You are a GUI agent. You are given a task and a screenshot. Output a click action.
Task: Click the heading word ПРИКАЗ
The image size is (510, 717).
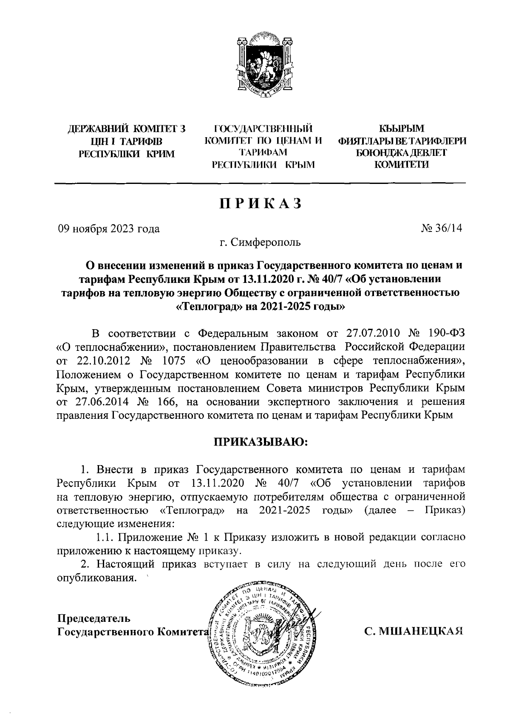[x=261, y=204]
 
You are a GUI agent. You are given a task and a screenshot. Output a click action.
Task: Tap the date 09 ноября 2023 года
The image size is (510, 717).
[x=109, y=229]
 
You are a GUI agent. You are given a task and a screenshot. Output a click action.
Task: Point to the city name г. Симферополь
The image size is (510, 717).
[x=260, y=243]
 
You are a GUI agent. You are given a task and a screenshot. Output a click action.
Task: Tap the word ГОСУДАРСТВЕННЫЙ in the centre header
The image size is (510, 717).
[x=263, y=128]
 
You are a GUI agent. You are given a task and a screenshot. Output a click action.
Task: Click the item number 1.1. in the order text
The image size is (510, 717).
[x=105, y=537]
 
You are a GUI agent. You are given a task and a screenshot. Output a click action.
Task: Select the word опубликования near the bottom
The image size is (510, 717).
[x=97, y=578]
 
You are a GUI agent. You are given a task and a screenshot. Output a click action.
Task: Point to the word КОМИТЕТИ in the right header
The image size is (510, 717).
[x=401, y=165]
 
